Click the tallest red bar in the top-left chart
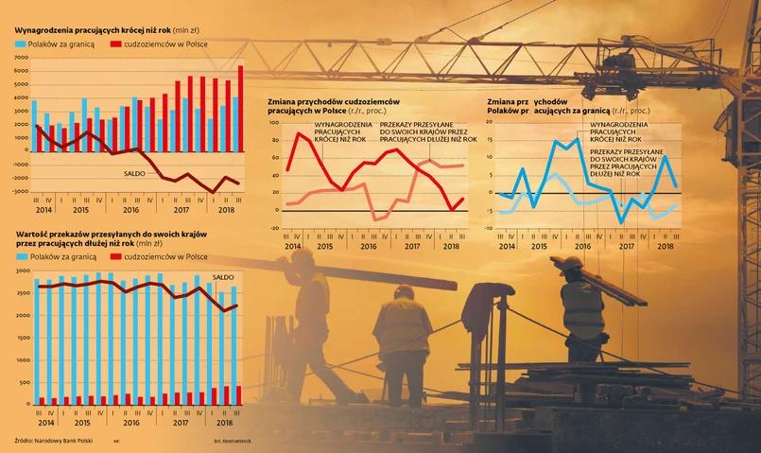[x=240, y=108]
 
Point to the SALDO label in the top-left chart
[x=136, y=173]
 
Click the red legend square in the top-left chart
[x=116, y=44]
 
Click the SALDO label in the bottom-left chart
[x=223, y=277]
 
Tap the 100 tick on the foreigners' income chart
[x=273, y=124]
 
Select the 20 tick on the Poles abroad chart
[x=490, y=124]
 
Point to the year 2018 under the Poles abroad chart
[x=665, y=246]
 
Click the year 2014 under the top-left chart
[x=43, y=210]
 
